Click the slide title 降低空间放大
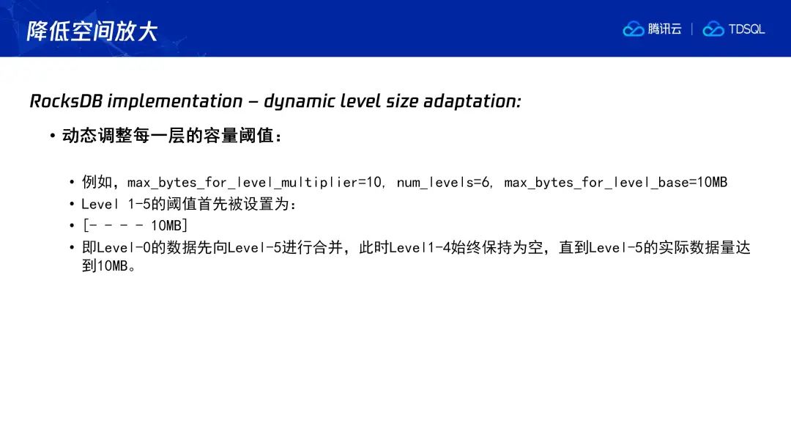(92, 31)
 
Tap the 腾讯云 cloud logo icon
(633, 29)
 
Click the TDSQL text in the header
(746, 29)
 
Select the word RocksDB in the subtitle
(66, 101)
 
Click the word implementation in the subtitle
(175, 101)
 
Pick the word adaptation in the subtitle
(472, 101)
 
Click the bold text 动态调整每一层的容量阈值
(168, 136)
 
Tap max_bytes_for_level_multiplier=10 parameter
(254, 183)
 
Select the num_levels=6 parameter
(443, 183)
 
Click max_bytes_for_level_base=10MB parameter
(615, 183)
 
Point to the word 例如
(97, 182)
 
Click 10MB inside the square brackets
(166, 225)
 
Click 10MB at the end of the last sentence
(112, 266)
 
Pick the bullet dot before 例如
(72, 183)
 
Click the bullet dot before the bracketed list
(72, 226)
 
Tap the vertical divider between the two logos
(691, 29)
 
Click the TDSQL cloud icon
(713, 29)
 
